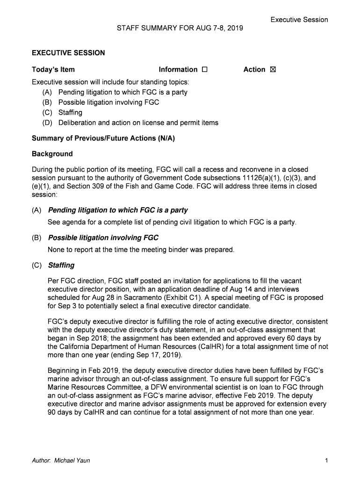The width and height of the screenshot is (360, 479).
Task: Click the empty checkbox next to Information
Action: point(204,70)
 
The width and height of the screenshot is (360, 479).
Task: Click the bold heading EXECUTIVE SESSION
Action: point(68,53)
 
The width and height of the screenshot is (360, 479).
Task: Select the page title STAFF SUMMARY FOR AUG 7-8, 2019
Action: point(180,29)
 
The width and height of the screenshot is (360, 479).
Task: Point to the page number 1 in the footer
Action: point(326,461)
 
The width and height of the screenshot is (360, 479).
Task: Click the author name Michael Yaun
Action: point(72,461)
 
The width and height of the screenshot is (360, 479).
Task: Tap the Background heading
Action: point(52,154)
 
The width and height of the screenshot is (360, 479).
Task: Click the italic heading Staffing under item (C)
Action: point(61,265)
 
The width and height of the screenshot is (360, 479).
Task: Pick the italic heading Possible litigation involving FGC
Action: point(103,238)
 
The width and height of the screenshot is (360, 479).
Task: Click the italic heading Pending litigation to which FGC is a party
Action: point(118,210)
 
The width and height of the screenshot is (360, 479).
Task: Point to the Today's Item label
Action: point(53,70)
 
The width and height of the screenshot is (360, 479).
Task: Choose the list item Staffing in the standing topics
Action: point(70,113)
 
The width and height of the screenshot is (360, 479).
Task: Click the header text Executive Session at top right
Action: point(299,20)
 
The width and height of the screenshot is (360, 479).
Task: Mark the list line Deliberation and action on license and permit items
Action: point(138,123)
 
